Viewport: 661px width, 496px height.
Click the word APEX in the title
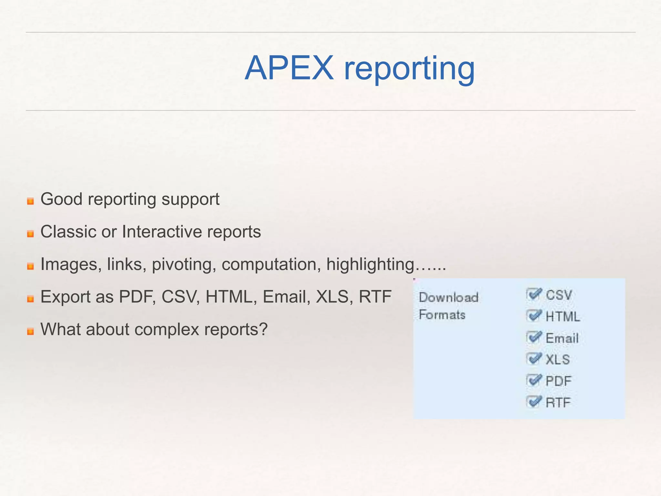(x=289, y=68)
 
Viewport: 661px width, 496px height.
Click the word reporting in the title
(x=409, y=69)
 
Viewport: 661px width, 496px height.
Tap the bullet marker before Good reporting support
(x=30, y=201)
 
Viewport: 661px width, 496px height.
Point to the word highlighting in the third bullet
(x=370, y=265)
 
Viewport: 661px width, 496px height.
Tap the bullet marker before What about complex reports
(x=30, y=331)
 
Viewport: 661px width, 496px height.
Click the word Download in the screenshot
(x=449, y=297)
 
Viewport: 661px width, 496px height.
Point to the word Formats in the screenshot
(x=442, y=315)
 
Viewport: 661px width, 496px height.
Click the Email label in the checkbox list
(x=562, y=338)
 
